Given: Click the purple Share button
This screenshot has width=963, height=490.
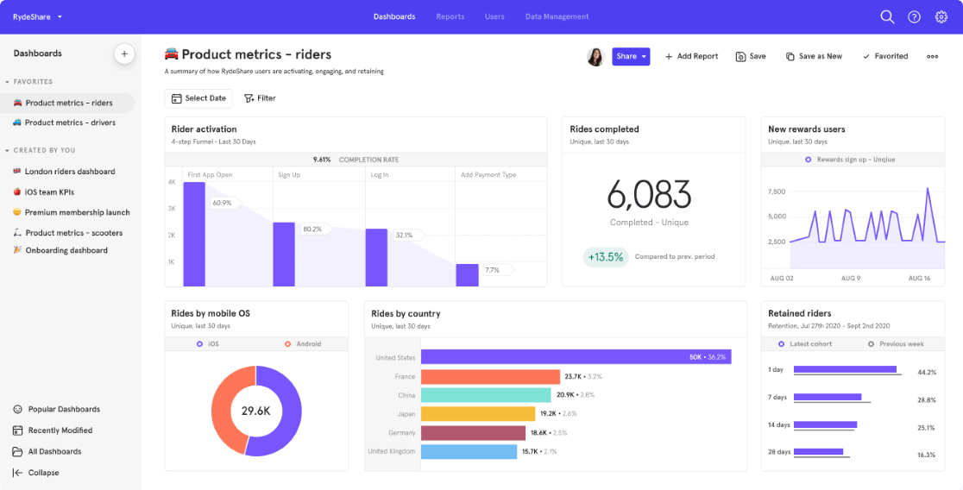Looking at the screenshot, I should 630,56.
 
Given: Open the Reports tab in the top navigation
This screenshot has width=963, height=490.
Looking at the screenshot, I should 450,16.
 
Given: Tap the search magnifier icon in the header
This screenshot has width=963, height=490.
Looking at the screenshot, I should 886,16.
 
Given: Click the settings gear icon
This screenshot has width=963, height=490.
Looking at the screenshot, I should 941,16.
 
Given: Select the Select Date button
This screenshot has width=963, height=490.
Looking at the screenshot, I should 198,98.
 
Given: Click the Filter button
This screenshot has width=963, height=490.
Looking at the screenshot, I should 260,98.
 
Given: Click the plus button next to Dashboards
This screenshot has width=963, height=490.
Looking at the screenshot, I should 124,53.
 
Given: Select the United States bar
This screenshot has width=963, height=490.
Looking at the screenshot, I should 576,357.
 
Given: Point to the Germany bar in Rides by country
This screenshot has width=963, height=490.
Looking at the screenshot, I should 473,432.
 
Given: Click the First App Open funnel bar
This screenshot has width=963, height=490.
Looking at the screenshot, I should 194,234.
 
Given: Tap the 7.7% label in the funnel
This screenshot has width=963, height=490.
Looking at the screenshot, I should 493,270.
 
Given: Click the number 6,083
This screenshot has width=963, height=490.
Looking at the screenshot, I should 649,195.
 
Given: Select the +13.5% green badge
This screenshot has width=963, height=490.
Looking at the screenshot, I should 605,257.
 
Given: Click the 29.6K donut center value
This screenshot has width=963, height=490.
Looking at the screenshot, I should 255,411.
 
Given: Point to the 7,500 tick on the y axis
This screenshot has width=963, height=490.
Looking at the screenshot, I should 776,192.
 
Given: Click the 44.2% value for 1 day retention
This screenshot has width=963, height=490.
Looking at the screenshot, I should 926,373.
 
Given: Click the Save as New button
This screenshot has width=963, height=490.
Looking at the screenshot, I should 814,56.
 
